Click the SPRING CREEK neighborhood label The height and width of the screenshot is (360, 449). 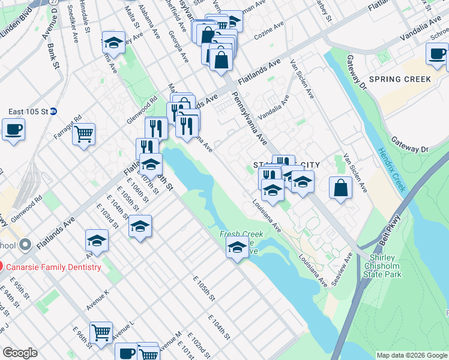[x=400, y=79]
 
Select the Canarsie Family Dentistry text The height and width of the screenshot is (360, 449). [x=55, y=266]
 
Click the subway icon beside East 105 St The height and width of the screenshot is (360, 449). [x=53, y=111]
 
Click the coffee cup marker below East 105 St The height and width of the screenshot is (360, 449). [x=13, y=129]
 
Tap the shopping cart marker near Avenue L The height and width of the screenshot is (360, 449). [x=101, y=332]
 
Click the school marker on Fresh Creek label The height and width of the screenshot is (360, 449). [x=238, y=247]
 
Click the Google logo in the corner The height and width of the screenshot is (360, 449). [x=20, y=353]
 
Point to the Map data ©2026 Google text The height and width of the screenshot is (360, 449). [x=411, y=355]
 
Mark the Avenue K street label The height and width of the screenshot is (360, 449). [x=98, y=300]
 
